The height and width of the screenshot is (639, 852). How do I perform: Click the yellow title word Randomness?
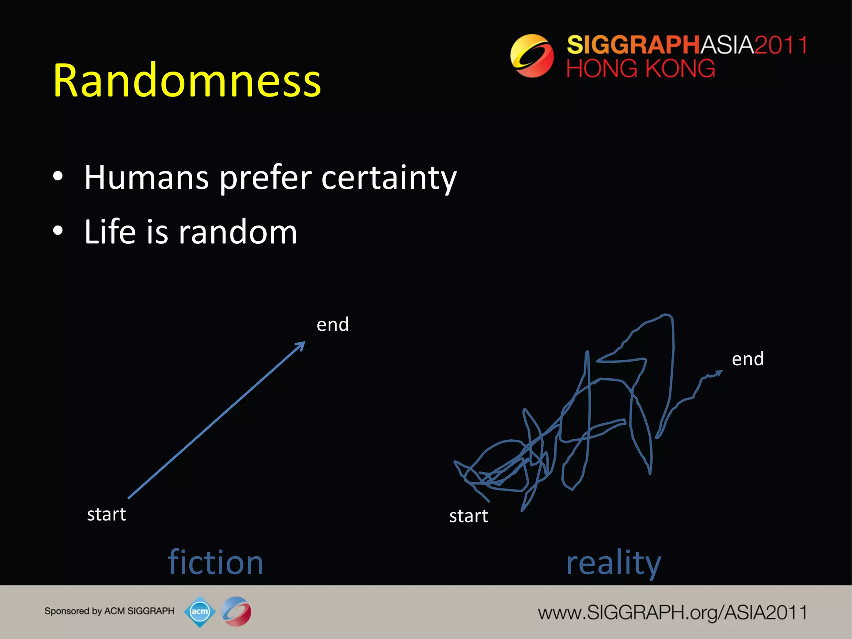pos(187,81)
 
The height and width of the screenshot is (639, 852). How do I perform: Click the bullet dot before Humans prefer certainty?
pos(58,176)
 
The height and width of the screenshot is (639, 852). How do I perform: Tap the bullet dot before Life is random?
pos(58,230)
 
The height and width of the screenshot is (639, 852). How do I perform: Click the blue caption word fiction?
pos(215,562)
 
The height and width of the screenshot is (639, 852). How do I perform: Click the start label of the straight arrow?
pos(106,515)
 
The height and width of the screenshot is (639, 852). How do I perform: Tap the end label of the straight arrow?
pos(332,324)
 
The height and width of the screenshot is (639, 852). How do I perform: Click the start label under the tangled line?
pos(468,516)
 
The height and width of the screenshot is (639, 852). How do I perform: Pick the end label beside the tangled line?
pos(748,359)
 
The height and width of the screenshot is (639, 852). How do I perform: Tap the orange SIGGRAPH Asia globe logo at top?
pos(532,56)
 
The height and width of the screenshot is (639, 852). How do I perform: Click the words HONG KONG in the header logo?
pos(641,69)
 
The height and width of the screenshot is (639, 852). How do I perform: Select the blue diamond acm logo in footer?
pos(200,611)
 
